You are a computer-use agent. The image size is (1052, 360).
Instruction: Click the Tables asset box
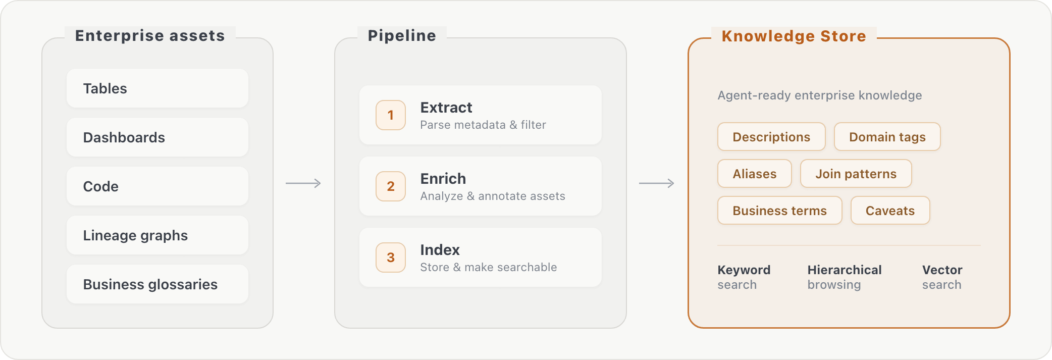pyautogui.click(x=157, y=88)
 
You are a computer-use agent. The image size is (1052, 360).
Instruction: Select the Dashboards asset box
pyautogui.click(x=157, y=137)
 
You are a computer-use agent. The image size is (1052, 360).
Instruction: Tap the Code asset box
pyautogui.click(x=157, y=186)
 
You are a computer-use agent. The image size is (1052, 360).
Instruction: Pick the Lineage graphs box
pyautogui.click(x=157, y=235)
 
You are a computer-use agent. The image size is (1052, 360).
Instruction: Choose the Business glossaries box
pyautogui.click(x=157, y=284)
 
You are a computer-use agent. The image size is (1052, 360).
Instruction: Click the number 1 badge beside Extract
pyautogui.click(x=391, y=115)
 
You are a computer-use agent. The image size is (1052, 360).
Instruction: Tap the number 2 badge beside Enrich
pyautogui.click(x=391, y=186)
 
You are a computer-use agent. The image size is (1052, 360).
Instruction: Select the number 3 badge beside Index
pyautogui.click(x=391, y=258)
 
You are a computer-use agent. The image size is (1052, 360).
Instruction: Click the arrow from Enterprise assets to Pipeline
pyautogui.click(x=303, y=183)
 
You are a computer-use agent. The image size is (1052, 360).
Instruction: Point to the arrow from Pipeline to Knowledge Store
pyautogui.click(x=657, y=183)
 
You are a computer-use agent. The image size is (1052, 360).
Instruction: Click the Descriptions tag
pyautogui.click(x=771, y=137)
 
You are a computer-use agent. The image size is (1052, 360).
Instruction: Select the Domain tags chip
pyautogui.click(x=887, y=137)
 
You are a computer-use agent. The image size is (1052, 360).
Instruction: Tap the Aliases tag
pyautogui.click(x=755, y=174)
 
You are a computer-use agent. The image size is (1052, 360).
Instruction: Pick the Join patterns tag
pyautogui.click(x=856, y=174)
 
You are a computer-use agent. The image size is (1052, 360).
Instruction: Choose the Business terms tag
pyautogui.click(x=780, y=211)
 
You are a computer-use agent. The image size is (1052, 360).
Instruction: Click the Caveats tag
pyautogui.click(x=890, y=211)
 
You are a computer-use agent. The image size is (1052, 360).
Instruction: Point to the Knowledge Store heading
pyautogui.click(x=794, y=36)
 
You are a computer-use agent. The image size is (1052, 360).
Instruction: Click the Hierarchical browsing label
pyautogui.click(x=845, y=277)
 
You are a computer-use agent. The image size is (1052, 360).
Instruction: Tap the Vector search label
pyautogui.click(x=942, y=277)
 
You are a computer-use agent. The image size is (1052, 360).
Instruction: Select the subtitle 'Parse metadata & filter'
pyautogui.click(x=483, y=125)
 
